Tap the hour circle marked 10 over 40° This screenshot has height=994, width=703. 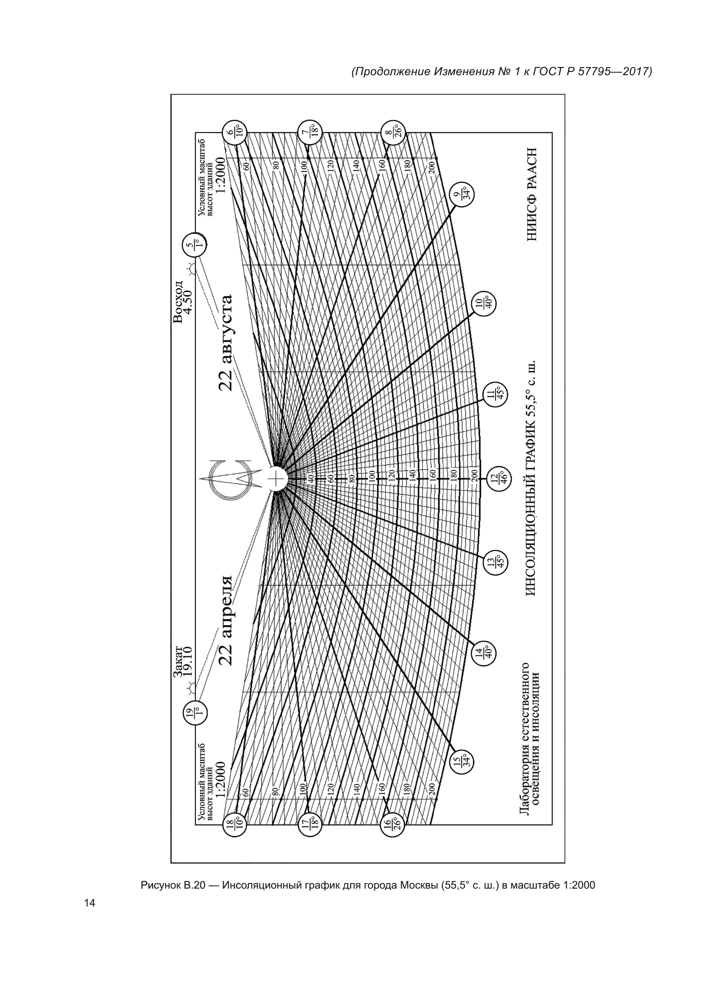pos(484,303)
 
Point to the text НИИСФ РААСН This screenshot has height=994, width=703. pos(532,194)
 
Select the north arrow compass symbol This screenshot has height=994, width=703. pos(230,479)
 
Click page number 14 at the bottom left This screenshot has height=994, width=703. pos(90,903)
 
